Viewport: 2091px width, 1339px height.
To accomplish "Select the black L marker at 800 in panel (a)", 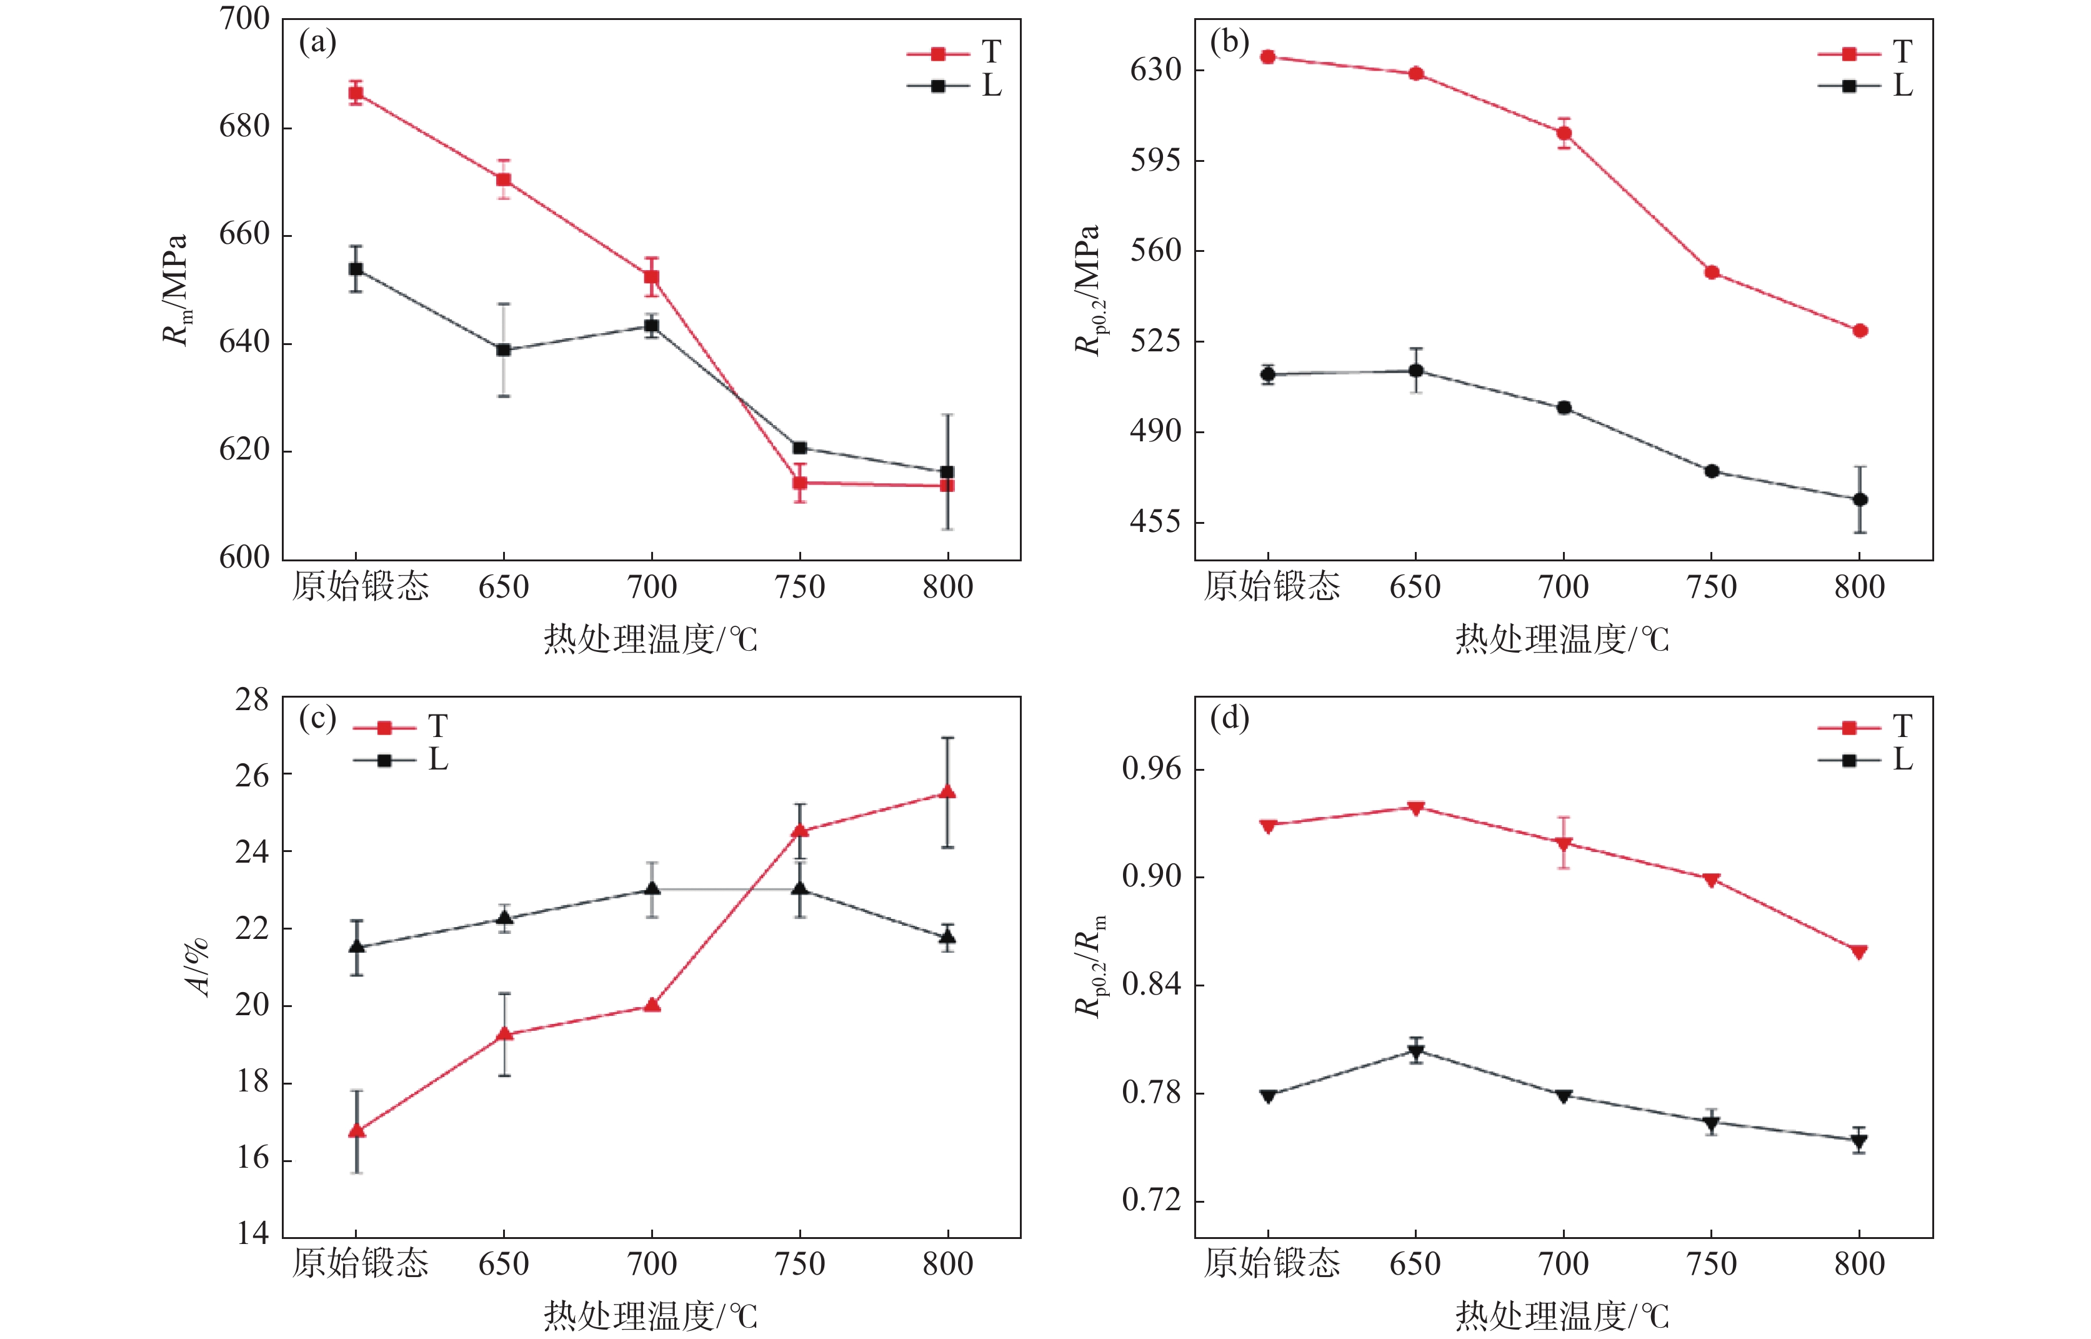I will (x=947, y=472).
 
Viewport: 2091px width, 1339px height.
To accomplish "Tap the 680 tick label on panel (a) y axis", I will (x=244, y=127).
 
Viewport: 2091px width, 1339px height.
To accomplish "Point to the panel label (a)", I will (x=317, y=42).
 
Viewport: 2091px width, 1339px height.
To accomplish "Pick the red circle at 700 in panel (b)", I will (x=1564, y=133).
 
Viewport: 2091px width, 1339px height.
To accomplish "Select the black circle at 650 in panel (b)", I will (x=1415, y=371).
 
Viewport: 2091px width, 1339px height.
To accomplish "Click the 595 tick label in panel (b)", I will (x=1156, y=160).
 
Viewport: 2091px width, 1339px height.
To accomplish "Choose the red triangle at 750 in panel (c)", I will (x=799, y=830).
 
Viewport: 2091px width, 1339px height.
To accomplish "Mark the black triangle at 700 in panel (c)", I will (x=652, y=889).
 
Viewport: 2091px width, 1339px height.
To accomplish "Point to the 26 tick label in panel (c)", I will (x=252, y=775).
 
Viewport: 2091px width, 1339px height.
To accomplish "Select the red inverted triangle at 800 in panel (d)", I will (x=1860, y=952).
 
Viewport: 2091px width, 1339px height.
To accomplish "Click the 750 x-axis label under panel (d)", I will (x=1711, y=1263).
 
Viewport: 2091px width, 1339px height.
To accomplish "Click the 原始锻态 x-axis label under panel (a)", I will (x=361, y=586).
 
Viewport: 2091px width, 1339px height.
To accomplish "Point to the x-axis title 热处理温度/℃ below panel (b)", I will (x=1562, y=639).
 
